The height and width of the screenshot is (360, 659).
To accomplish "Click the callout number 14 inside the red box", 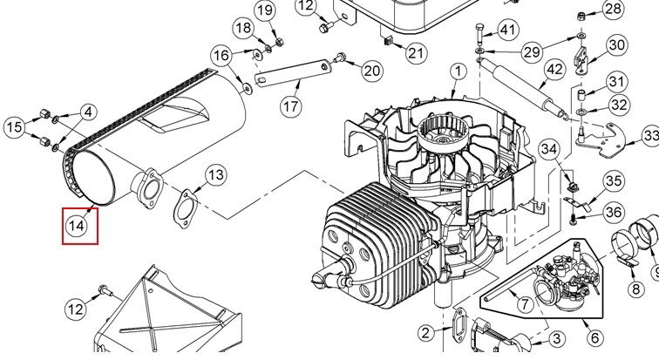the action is coord(76,226).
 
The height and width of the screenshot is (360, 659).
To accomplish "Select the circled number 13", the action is coord(216,174).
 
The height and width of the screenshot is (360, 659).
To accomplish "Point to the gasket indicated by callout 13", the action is coord(185,209).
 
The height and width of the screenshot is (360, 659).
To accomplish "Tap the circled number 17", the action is coord(290,106).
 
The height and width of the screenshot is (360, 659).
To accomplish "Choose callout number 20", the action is coord(372,70).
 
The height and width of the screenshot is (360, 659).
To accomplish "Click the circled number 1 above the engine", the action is coord(459,71).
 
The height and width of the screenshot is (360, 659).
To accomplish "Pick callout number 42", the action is coord(554,69).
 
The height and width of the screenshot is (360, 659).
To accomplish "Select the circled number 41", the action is coord(508,30).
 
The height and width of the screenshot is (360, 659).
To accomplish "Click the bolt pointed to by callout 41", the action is coord(480,33).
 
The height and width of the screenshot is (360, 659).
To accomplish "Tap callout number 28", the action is coord(613,9).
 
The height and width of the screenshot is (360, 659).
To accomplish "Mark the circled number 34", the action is coord(549,149).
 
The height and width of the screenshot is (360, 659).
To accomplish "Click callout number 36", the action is coord(614,213).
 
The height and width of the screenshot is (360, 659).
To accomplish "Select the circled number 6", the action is coord(594,337).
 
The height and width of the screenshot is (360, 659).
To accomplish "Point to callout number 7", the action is coord(524,303).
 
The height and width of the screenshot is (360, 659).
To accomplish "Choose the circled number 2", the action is coord(426,333).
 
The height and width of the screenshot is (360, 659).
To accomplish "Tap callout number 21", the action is coord(417,53).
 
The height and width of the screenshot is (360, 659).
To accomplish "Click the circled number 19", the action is coord(265,10).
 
